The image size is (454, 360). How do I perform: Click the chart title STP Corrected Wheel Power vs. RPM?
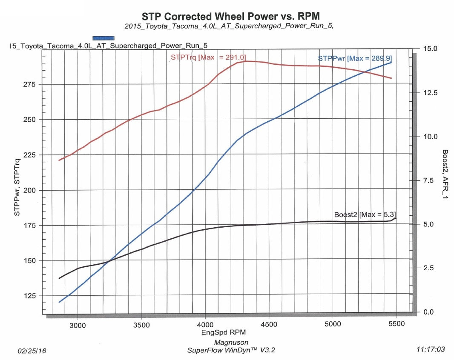230,16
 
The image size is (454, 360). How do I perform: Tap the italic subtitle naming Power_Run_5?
229,26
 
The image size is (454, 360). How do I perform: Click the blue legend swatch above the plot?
103,38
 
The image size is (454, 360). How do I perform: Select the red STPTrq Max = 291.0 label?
208,57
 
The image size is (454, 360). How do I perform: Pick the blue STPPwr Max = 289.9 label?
355,58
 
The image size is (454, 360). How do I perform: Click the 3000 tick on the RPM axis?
78,324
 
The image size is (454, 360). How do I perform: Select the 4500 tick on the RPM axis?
269,324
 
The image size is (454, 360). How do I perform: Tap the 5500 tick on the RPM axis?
396,324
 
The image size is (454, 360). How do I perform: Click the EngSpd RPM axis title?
224,332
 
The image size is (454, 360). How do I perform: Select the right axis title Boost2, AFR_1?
445,175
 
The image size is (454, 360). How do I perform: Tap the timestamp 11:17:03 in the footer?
431,349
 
